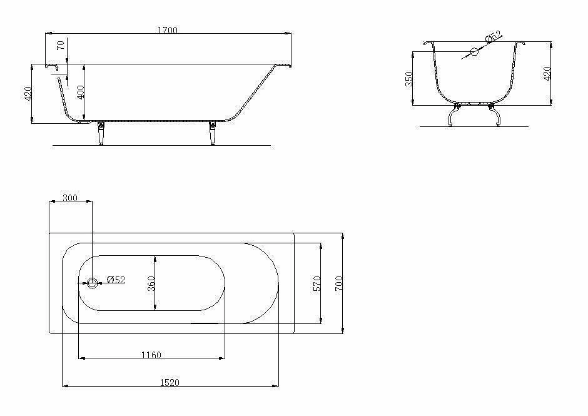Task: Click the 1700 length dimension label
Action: tap(168, 30)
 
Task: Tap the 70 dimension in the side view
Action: tap(61, 45)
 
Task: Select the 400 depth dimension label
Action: tap(81, 93)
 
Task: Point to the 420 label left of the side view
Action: tap(28, 94)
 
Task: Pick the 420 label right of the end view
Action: tap(547, 74)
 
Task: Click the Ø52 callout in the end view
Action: tap(494, 36)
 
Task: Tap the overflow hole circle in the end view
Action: tap(474, 52)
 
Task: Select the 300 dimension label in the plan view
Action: tap(70, 198)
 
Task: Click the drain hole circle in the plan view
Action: tap(92, 283)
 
